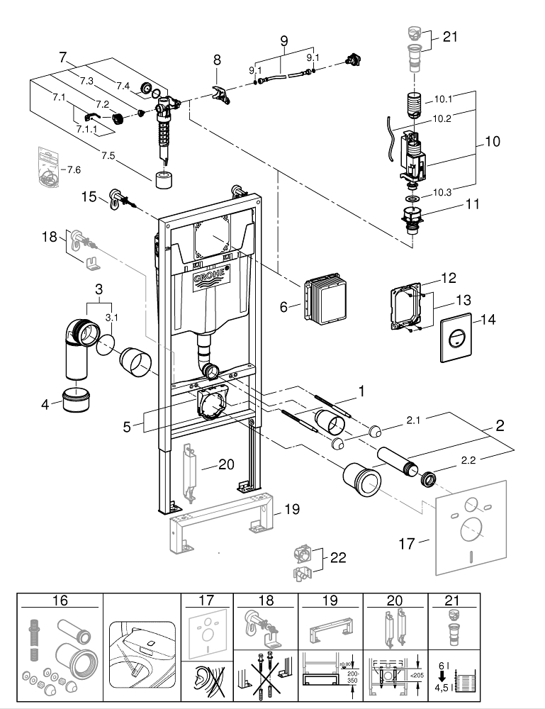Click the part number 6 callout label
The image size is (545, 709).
tap(284, 306)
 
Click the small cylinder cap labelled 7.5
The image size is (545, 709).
tap(164, 177)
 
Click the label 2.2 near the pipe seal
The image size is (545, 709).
tap(468, 459)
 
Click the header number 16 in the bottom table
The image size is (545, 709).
tap(60, 600)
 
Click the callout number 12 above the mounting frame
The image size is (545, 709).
tap(449, 277)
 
